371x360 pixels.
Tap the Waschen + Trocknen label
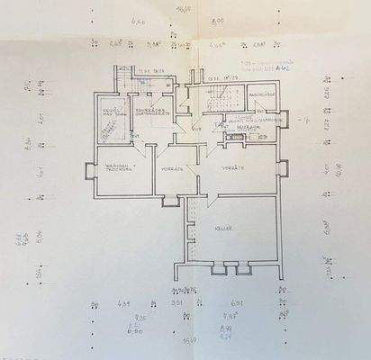click(118, 167)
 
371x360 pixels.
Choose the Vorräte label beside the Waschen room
click(172, 169)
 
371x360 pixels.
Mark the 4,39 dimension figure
click(125, 303)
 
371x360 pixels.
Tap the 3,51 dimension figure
click(177, 303)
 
